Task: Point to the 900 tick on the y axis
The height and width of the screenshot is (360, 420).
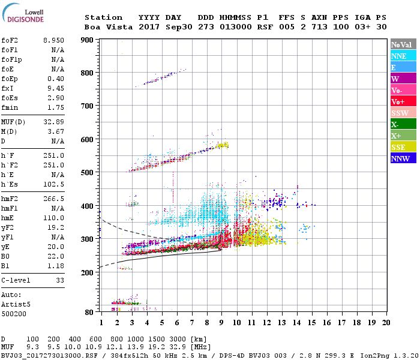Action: point(87,40)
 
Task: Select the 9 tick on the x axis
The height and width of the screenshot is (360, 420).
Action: point(221,322)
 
